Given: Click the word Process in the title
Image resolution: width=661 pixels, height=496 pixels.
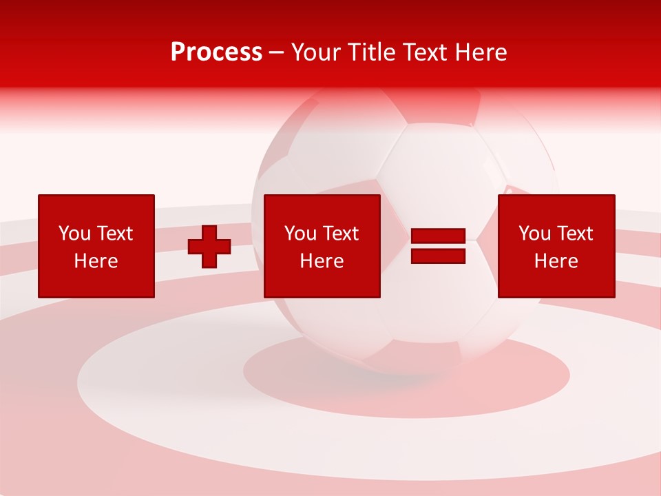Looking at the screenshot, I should (x=216, y=52).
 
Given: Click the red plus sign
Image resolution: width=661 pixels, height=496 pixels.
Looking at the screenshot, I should (x=209, y=247).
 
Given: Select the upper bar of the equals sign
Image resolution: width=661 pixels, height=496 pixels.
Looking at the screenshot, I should (x=439, y=236).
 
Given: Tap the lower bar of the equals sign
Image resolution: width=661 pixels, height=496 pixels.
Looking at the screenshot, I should (x=439, y=256).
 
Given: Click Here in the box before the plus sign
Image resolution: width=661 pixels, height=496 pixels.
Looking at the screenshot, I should (x=96, y=261).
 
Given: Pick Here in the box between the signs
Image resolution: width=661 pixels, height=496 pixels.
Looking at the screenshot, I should (x=322, y=261).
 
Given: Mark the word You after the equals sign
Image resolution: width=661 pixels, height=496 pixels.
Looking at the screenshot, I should (x=534, y=234).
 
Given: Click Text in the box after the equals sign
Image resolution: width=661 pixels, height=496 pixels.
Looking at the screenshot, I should (x=576, y=234).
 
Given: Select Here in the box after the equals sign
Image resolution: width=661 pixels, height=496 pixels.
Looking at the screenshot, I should (x=556, y=261).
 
